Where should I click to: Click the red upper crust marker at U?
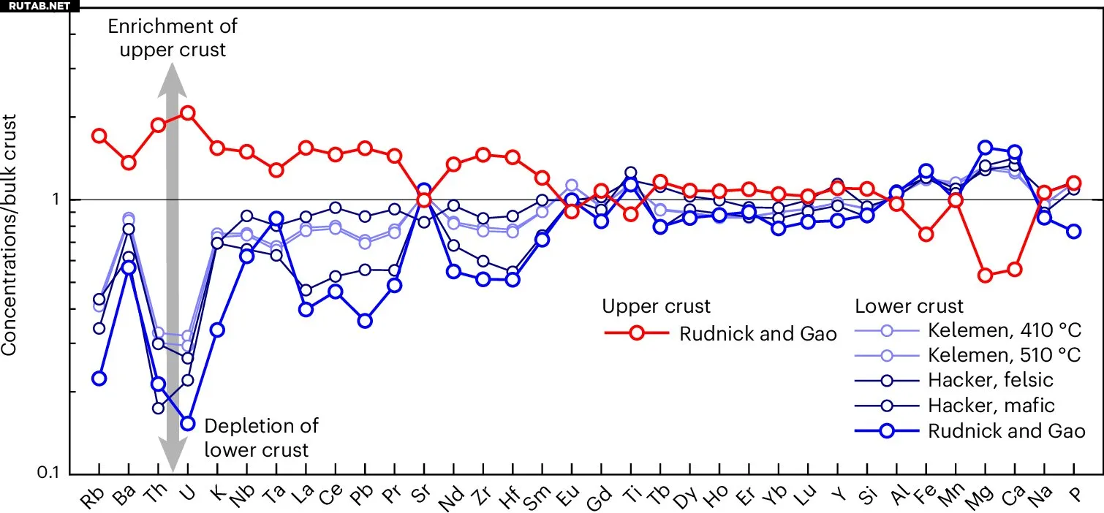click(187, 113)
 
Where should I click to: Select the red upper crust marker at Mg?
click(985, 275)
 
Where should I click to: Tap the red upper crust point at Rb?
click(99, 136)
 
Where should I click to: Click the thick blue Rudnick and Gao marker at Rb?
click(99, 378)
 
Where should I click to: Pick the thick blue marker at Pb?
click(365, 320)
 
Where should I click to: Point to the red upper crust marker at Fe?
click(926, 235)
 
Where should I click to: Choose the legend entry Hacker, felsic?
click(991, 380)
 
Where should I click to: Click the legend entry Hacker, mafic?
click(991, 405)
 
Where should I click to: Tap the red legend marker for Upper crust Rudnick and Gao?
click(636, 333)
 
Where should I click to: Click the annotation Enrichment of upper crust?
click(173, 38)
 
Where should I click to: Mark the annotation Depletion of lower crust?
click(261, 437)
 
